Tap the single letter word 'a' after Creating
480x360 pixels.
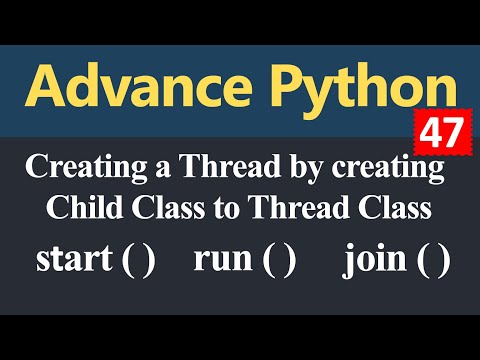coord(147,173)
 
